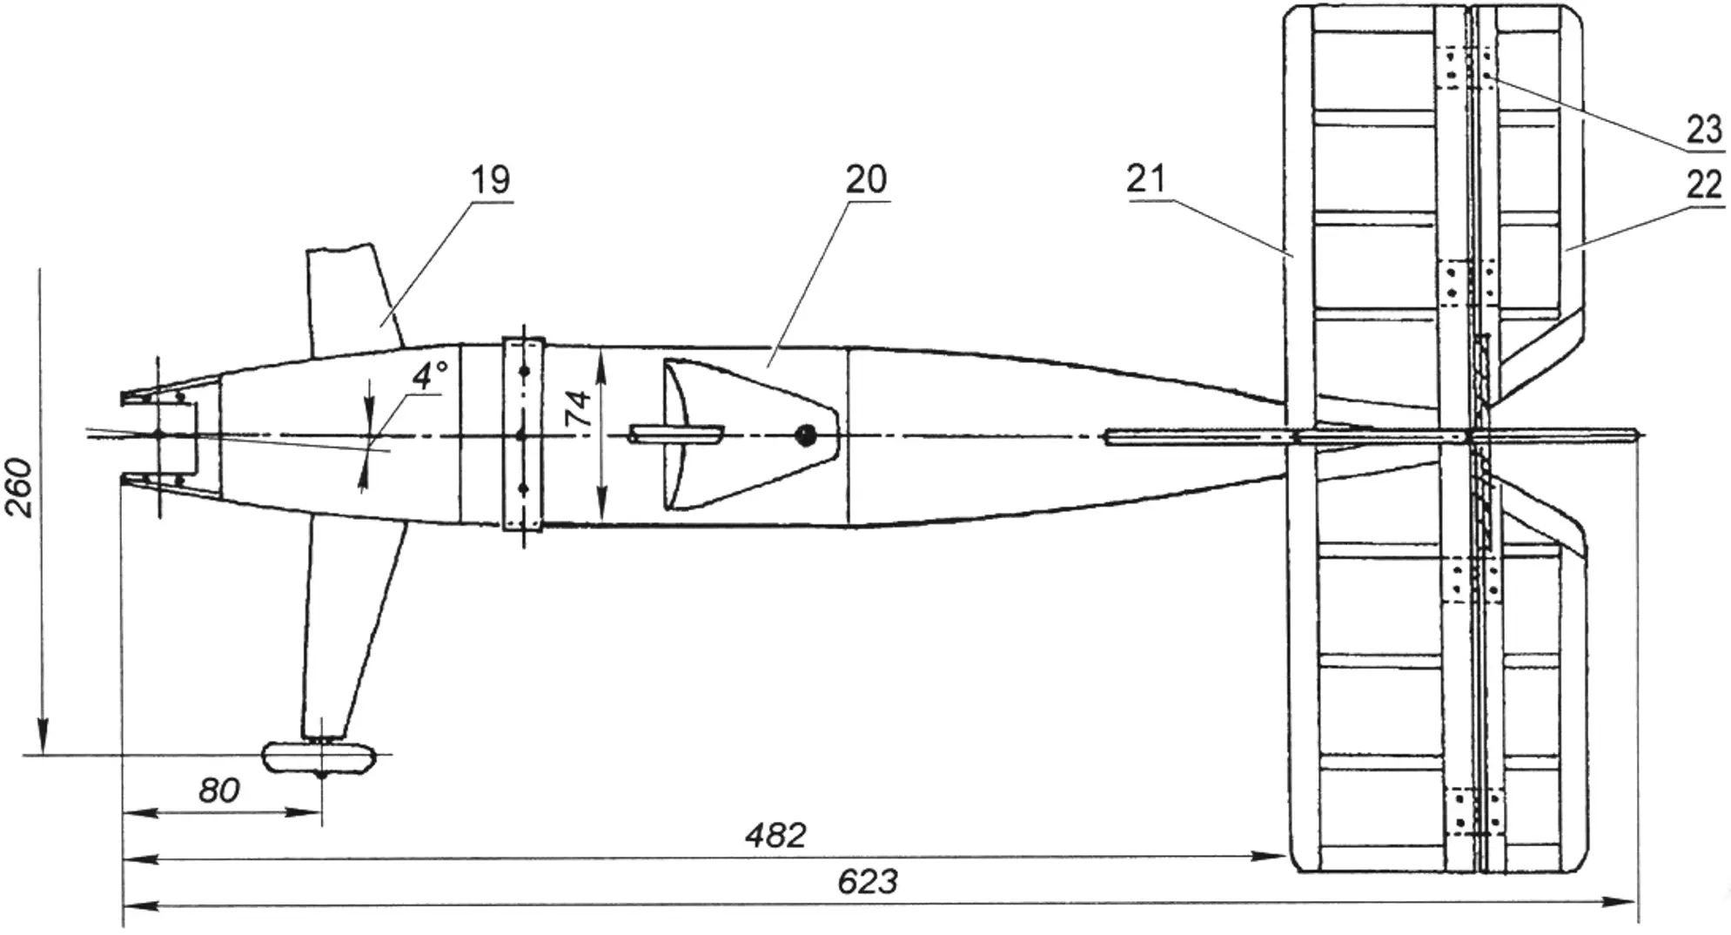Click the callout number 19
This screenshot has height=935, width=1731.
tap(491, 180)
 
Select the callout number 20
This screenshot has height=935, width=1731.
tap(866, 179)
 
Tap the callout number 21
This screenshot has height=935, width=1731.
tap(1145, 178)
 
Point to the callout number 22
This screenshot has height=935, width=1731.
tap(1702, 185)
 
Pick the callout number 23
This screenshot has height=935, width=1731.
tap(1703, 131)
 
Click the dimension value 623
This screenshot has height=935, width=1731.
tap(867, 882)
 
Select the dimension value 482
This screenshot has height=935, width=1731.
tap(775, 836)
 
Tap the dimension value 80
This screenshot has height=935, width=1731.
tap(218, 790)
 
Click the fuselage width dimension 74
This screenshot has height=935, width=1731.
tap(578, 407)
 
